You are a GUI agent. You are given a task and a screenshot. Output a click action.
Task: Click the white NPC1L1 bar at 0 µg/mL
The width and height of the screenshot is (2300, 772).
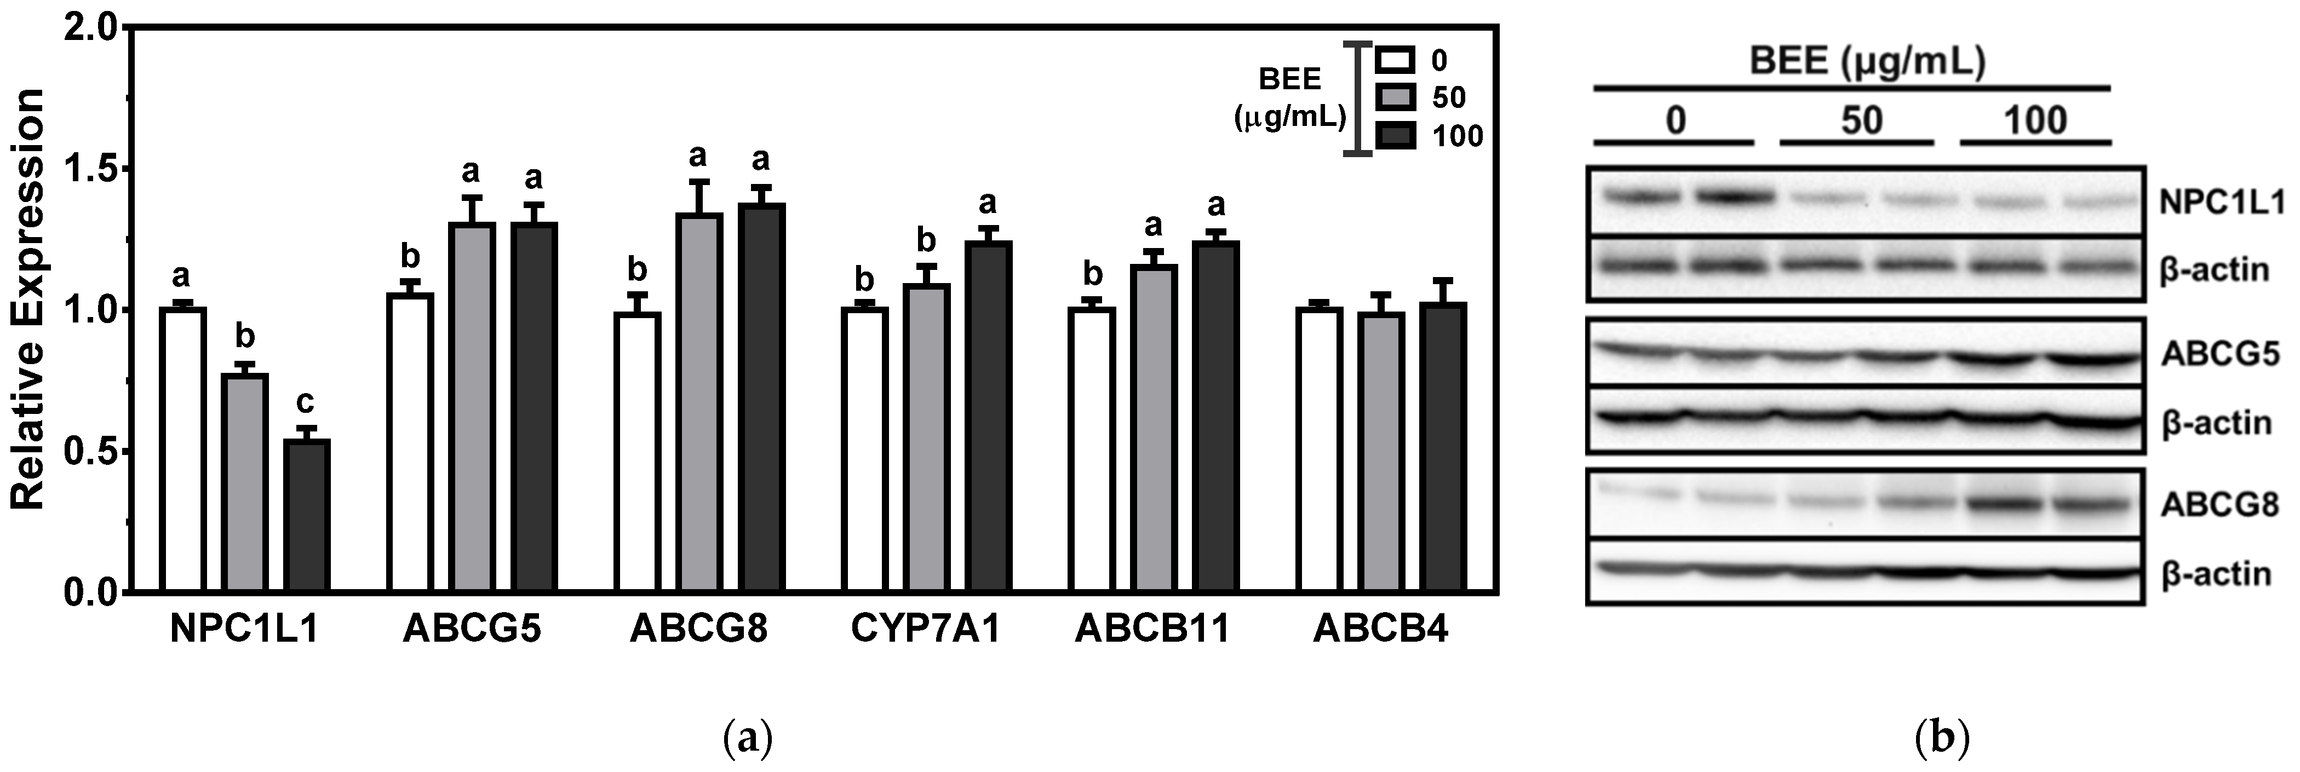coord(183,450)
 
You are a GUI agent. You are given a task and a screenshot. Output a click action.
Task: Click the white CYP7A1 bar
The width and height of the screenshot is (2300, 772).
coord(864,450)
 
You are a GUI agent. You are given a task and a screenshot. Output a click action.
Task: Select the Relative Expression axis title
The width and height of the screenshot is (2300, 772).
coord(28,299)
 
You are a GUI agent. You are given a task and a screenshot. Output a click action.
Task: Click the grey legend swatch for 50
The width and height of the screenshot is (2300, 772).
coord(1395,97)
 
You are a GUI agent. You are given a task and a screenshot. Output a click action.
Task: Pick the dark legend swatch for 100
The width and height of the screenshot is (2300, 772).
coord(1395,136)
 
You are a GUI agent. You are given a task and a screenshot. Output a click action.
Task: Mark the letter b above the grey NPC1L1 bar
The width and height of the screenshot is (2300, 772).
coord(245,337)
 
